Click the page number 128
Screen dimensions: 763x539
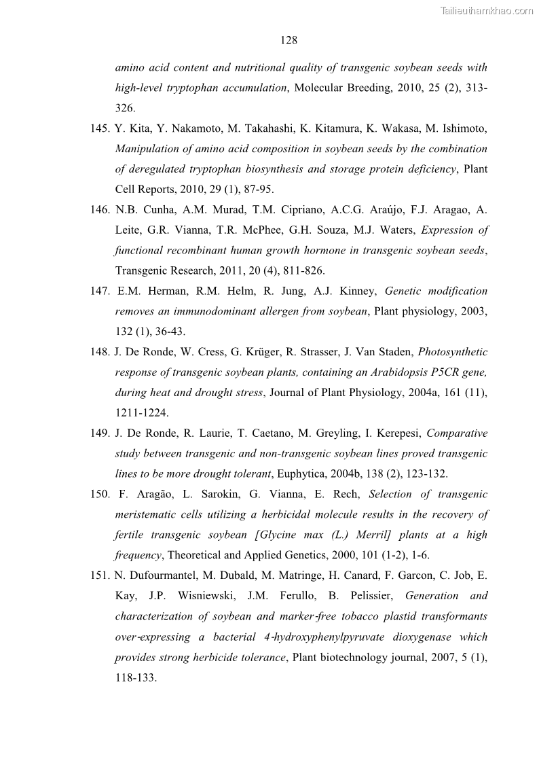click(x=289, y=40)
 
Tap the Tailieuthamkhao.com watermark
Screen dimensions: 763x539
click(x=487, y=10)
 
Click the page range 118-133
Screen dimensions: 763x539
click(x=136, y=677)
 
